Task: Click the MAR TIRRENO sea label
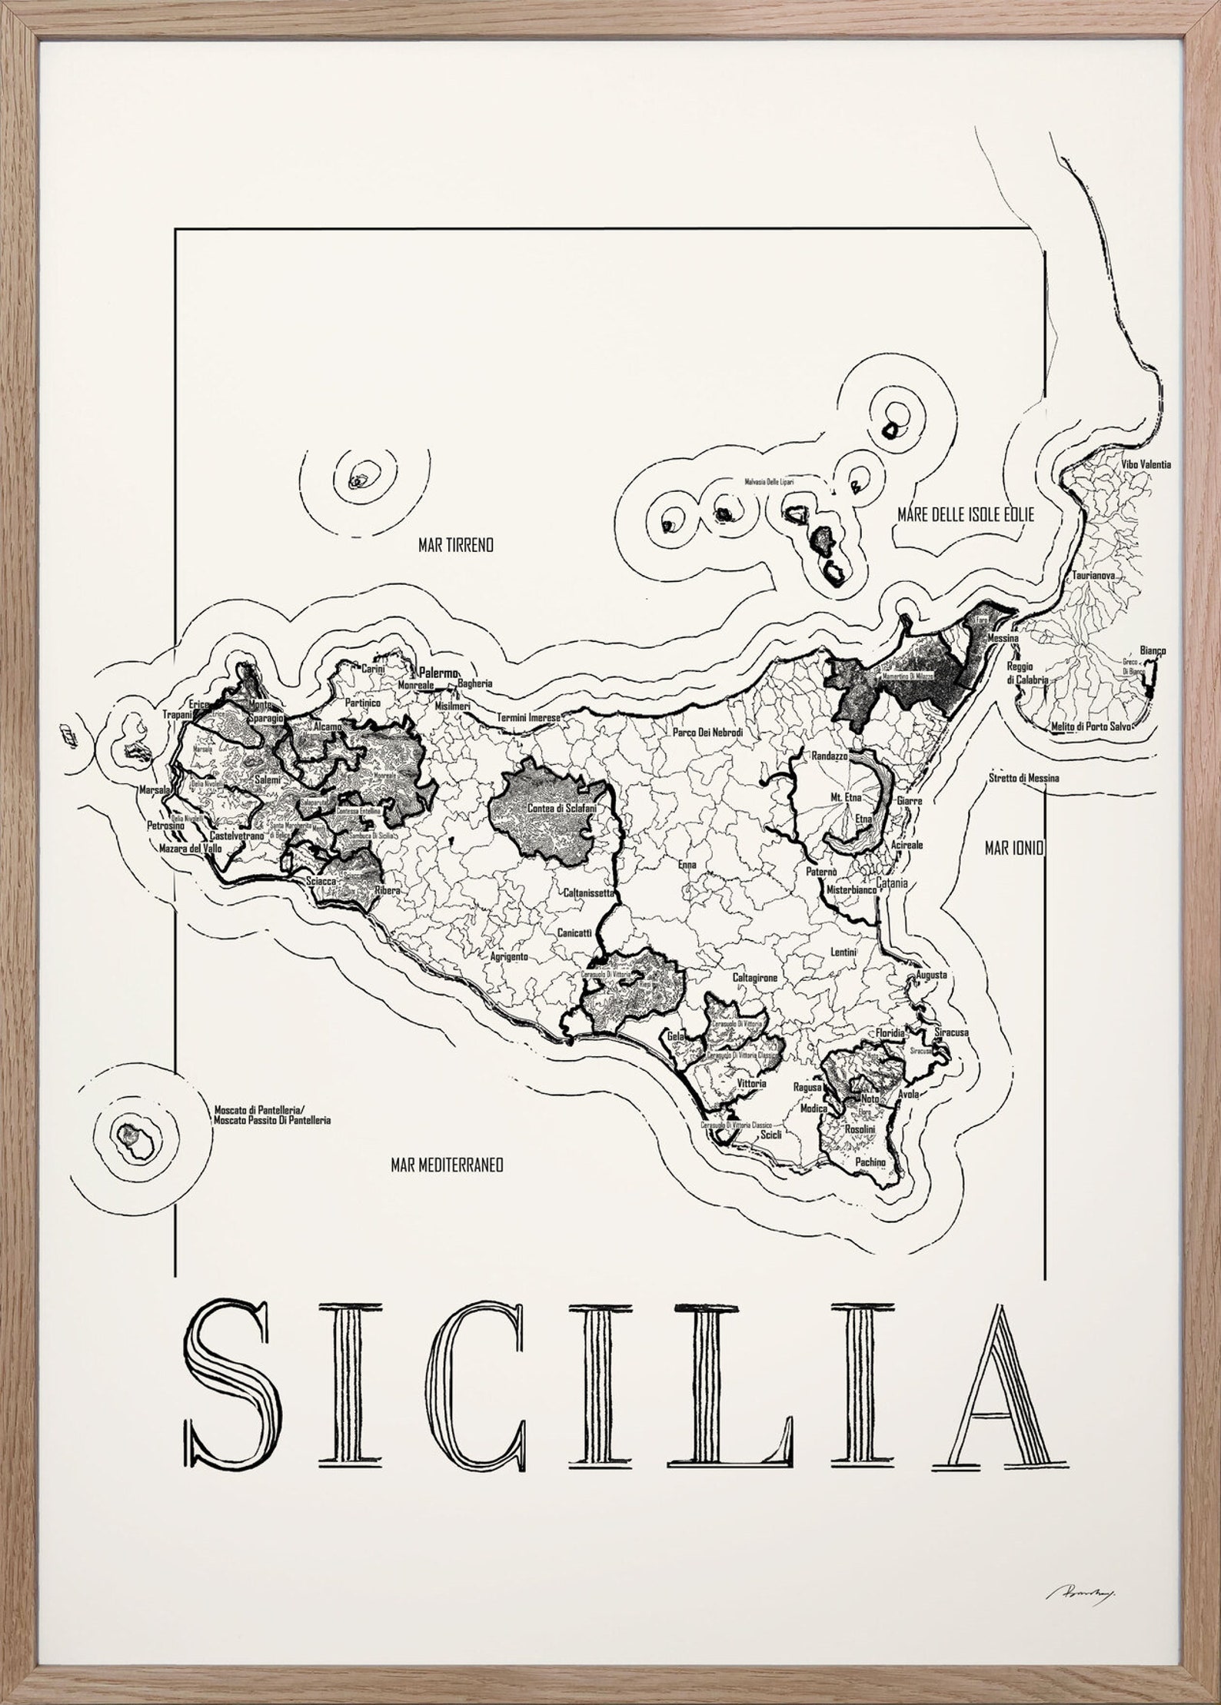click(x=455, y=545)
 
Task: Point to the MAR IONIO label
click(x=1013, y=848)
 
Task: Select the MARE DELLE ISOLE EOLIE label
click(x=965, y=515)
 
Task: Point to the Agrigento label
click(x=509, y=957)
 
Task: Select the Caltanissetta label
click(x=589, y=893)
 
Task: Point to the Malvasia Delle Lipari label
click(x=768, y=481)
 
